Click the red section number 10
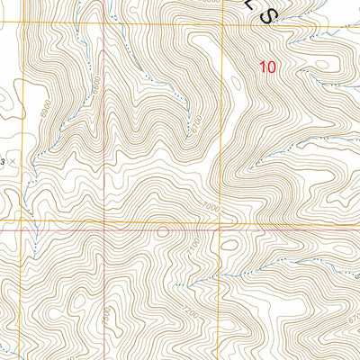pyautogui.click(x=267, y=66)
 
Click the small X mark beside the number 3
pyautogui.click(x=13, y=159)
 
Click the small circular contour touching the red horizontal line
pyautogui.click(x=161, y=231)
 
